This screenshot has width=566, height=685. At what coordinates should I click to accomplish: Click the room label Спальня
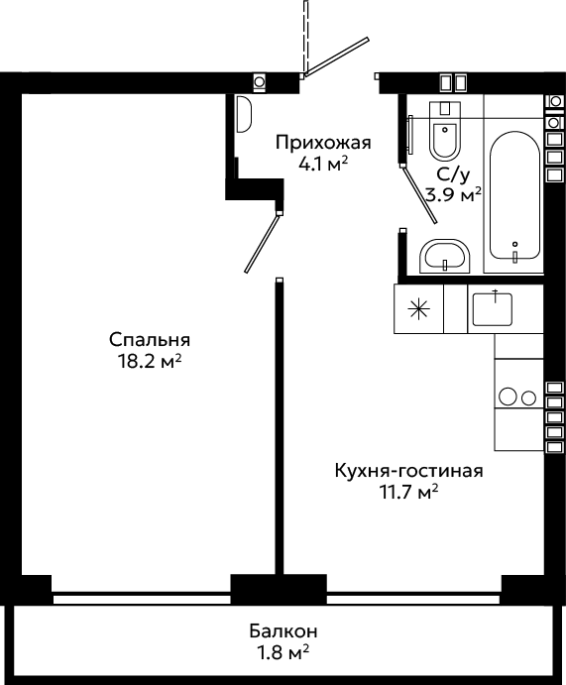150,340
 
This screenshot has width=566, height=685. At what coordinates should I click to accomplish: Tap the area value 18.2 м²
150,362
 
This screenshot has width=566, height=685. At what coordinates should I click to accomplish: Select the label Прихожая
323,144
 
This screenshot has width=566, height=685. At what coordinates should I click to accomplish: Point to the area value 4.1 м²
323,165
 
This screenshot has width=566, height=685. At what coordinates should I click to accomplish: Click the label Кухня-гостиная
408,472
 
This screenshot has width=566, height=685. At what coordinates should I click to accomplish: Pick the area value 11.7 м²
408,493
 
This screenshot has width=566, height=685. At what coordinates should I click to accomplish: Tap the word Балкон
283,631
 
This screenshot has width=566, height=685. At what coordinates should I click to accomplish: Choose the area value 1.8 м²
283,652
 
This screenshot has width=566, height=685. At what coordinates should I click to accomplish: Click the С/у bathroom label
454,175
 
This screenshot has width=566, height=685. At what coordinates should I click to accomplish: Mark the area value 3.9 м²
454,195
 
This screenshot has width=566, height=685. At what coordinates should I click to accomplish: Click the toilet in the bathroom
445,131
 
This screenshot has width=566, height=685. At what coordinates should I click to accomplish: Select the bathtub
514,196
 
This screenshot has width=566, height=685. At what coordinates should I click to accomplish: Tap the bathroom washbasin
445,257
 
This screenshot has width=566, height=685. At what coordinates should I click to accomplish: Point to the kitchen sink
493,309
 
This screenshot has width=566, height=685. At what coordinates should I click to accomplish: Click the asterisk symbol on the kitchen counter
418,309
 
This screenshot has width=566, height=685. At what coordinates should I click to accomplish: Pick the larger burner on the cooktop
508,398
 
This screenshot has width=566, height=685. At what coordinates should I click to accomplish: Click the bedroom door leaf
262,243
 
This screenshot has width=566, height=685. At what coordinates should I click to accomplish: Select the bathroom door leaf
419,194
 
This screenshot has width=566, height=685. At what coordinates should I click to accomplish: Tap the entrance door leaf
337,57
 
